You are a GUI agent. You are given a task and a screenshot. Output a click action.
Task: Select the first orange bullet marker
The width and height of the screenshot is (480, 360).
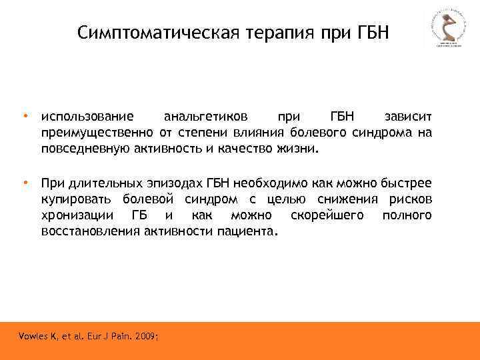click(25, 116)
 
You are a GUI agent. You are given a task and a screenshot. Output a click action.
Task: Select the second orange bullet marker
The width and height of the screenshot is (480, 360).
click(25, 182)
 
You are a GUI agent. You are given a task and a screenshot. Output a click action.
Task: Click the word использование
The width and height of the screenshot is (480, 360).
click(86, 117)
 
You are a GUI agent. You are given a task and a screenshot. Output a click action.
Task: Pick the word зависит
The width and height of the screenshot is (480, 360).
click(408, 117)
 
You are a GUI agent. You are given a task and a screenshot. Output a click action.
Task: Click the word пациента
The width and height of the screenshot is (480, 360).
click(247, 231)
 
